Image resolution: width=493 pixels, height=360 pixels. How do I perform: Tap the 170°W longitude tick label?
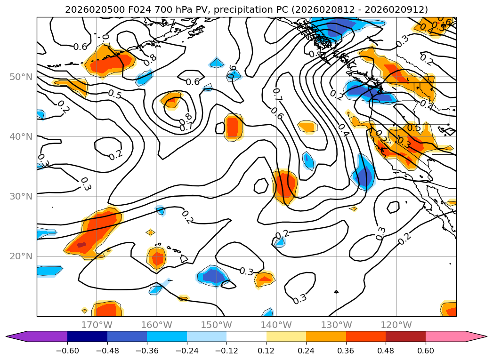[x=97, y=325]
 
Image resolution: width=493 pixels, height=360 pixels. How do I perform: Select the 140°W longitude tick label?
[x=276, y=325]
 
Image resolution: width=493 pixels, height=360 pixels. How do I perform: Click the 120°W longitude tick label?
[x=396, y=325]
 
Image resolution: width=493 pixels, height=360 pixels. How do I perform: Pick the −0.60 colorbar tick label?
[x=67, y=351]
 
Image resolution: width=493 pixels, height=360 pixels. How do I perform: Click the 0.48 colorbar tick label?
[x=386, y=351]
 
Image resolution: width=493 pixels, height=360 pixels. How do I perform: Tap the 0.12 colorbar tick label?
[x=267, y=351]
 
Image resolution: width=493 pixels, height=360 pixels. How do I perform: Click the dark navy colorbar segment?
[x=87, y=336]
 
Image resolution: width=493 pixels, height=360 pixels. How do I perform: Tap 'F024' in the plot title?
[x=133, y=9]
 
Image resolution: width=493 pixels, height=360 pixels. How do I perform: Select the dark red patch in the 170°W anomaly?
[x=82, y=245]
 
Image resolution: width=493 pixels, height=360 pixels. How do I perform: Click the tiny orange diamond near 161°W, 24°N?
[x=151, y=232]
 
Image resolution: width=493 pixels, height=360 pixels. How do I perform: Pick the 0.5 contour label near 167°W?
[x=114, y=94]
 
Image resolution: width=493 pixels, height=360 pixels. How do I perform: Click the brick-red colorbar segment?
[x=405, y=336]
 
